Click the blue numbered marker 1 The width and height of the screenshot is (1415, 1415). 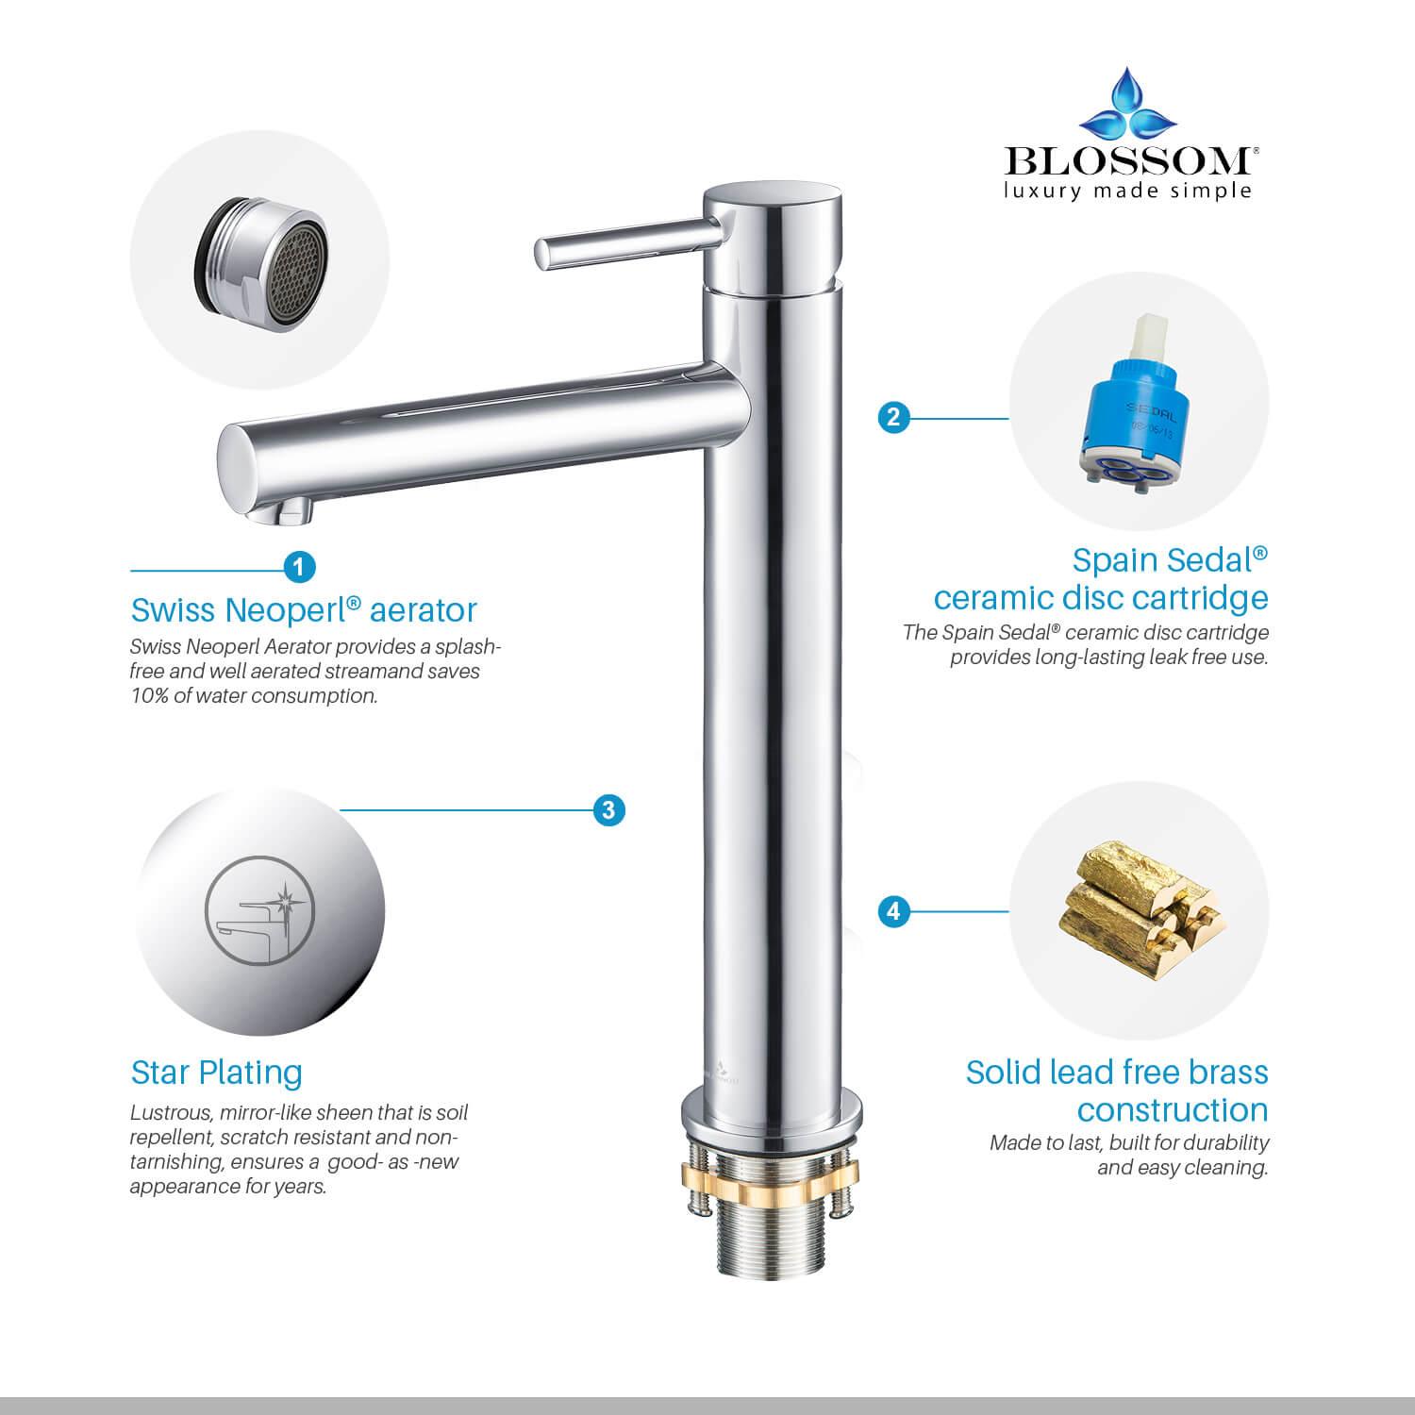tap(299, 567)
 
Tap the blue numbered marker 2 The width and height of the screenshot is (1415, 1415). tap(893, 417)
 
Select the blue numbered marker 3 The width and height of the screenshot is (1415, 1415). tap(608, 809)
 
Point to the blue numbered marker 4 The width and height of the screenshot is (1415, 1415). tap(893, 911)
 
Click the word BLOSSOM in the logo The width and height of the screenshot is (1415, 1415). tap(1128, 161)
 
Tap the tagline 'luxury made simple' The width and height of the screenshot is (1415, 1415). tap(1128, 191)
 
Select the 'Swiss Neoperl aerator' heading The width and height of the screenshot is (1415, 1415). tap(304, 610)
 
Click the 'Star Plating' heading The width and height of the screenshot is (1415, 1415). tap(216, 1073)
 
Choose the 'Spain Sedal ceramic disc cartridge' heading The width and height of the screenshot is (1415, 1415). tap(1101, 579)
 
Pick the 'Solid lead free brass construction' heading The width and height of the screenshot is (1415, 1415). tap(1117, 1091)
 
